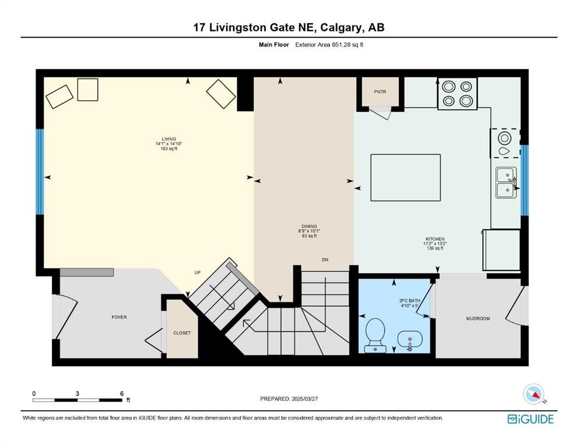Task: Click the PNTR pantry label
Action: click(x=380, y=92)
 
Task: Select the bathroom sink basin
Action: click(x=410, y=339)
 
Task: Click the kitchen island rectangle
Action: click(x=406, y=178)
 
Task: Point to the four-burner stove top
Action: click(x=458, y=93)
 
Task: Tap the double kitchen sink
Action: click(x=506, y=182)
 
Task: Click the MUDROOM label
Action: click(x=478, y=318)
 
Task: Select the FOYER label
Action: click(x=119, y=317)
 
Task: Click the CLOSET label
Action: click(x=182, y=333)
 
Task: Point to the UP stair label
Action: click(x=197, y=273)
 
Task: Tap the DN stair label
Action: click(x=325, y=260)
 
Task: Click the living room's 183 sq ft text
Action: click(x=169, y=149)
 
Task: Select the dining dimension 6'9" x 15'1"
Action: click(x=309, y=231)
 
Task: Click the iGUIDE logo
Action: click(x=530, y=419)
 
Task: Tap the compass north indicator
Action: click(x=534, y=394)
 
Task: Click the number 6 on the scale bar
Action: click(x=122, y=393)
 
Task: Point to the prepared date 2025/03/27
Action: click(x=304, y=399)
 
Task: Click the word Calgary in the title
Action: click(x=341, y=27)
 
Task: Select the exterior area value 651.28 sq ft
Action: click(x=347, y=45)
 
